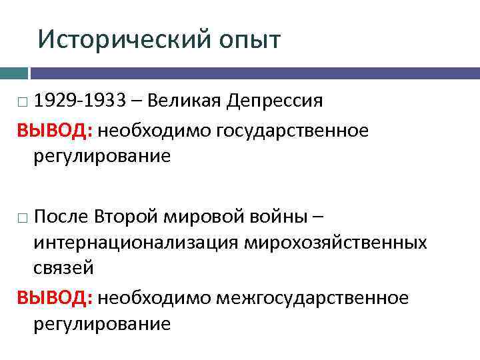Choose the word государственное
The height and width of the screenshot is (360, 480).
292,130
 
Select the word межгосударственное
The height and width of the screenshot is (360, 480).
312,297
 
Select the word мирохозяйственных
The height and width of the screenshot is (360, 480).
337,243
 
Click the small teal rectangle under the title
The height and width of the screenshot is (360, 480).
13,73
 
